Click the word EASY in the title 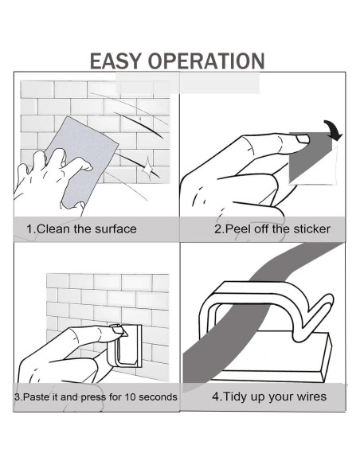[115, 61]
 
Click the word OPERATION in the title [206, 61]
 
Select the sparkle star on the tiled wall [147, 168]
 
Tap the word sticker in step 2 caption [311, 229]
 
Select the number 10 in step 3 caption [130, 397]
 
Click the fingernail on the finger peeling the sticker [303, 139]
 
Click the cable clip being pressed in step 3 [124, 346]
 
